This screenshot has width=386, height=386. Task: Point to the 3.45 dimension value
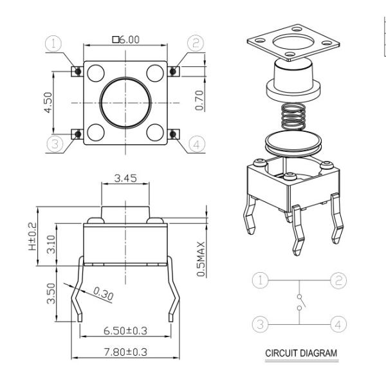tap(125, 178)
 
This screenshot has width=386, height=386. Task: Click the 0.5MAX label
tap(201, 259)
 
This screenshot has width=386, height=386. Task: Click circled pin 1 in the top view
tap(54, 44)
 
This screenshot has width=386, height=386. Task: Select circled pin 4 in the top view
tap(197, 143)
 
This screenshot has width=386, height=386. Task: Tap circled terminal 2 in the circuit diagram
tap(338, 280)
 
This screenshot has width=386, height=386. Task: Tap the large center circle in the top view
tap(125, 104)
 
